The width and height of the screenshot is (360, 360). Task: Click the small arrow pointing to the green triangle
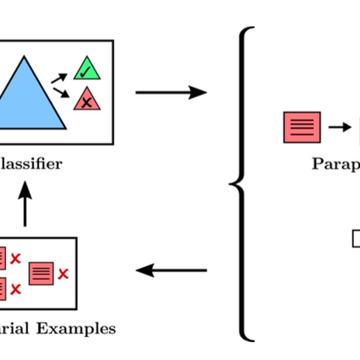coord(59,79)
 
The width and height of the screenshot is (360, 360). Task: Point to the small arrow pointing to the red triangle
coord(61,92)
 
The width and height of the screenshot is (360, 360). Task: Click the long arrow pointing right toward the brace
coord(171,93)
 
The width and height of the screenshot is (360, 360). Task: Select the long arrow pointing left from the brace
coord(171,270)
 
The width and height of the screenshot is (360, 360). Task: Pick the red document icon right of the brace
coord(302,127)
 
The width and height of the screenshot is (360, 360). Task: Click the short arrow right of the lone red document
coord(340,127)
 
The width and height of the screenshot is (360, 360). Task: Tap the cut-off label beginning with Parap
coord(335,163)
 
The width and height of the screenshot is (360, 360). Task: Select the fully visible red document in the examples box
coord(41,273)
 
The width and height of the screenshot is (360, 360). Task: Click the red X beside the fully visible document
coord(63,273)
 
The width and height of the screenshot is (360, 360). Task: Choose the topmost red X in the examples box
coord(16,258)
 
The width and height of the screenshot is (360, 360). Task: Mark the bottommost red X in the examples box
coord(16,289)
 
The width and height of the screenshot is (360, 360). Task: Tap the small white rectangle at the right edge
coord(356,238)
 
